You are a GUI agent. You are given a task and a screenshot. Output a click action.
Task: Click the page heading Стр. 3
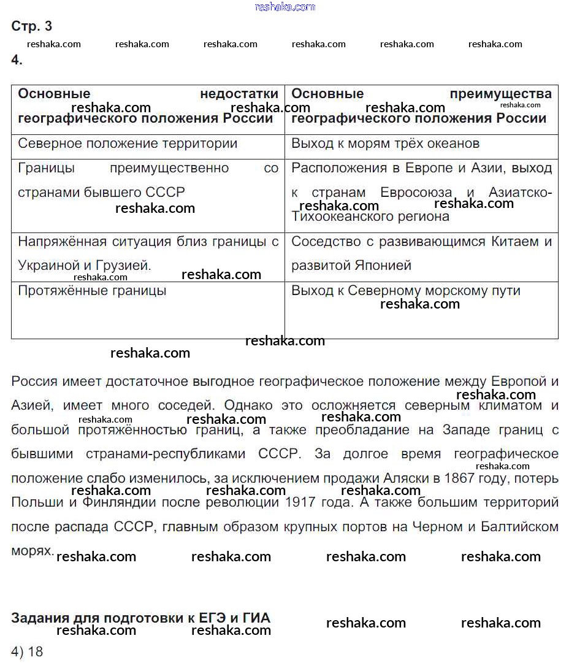pyautogui.click(x=32, y=26)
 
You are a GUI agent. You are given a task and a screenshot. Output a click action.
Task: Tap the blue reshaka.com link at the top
pyautogui.click(x=284, y=7)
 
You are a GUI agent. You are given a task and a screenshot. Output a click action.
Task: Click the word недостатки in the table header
pyautogui.click(x=239, y=94)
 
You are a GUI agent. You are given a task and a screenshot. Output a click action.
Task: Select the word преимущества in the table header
pyautogui.click(x=500, y=94)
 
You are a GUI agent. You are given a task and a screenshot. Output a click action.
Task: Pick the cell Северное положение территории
pyautogui.click(x=128, y=144)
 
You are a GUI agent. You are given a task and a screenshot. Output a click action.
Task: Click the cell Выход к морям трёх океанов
pyautogui.click(x=385, y=144)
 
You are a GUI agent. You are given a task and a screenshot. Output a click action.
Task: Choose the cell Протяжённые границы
pyautogui.click(x=92, y=291)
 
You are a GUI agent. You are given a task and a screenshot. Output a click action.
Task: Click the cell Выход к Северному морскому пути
pyautogui.click(x=405, y=291)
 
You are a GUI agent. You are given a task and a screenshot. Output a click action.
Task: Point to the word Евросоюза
pyautogui.click(x=416, y=192)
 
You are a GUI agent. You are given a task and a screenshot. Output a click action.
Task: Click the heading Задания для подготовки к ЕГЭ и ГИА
pyautogui.click(x=140, y=617)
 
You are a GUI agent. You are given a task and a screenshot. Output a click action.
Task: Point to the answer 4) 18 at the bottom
pyautogui.click(x=27, y=651)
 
